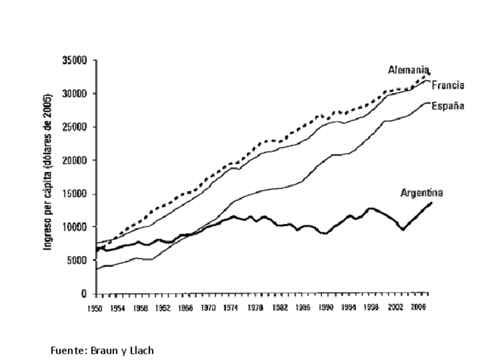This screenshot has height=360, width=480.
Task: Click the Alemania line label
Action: click(x=408, y=70)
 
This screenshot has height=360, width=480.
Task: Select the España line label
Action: click(x=448, y=106)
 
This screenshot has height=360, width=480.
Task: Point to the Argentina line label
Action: click(x=422, y=193)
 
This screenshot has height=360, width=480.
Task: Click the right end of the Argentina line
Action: click(x=431, y=203)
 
